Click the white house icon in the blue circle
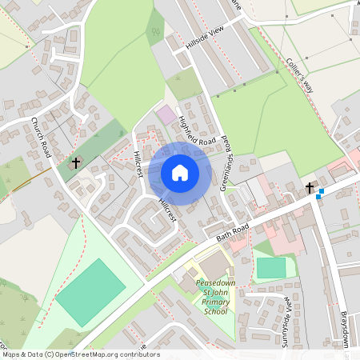point(180,173)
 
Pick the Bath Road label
point(233,230)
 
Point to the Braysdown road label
point(346,328)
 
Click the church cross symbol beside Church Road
point(76,163)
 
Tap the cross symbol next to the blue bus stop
point(310,188)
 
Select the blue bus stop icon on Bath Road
point(320,194)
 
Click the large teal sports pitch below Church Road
point(90,291)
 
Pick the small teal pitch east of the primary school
point(271,268)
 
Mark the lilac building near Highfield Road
point(166,114)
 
